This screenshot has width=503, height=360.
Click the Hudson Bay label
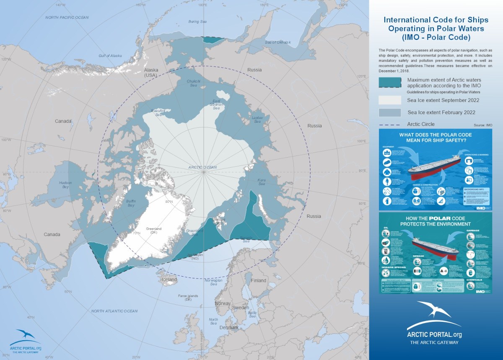pos(65,185)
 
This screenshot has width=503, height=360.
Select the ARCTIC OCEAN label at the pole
pos(202,168)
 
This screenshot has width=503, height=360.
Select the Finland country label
pos(259,280)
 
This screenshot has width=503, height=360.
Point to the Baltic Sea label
pos(252,314)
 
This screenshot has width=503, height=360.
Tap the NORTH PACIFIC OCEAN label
pos(67,17)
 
